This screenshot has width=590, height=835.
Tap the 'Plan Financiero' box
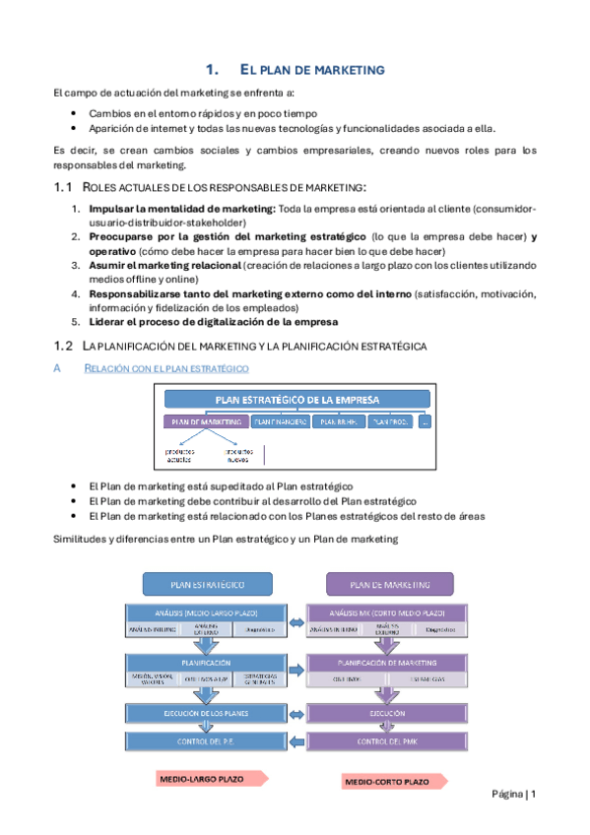[x=279, y=421]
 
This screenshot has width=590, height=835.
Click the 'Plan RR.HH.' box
[x=338, y=421]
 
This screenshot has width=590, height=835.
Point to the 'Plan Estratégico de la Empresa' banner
[x=296, y=399]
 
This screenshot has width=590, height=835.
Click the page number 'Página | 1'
[x=511, y=795]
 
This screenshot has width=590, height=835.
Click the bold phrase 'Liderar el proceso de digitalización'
[x=213, y=322]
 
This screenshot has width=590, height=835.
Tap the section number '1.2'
[x=63, y=345]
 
